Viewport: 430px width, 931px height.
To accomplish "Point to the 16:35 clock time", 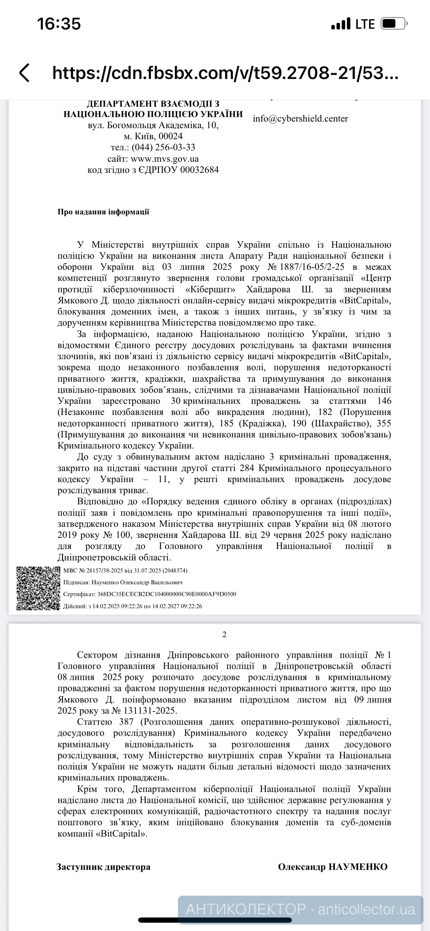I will click(x=59, y=24).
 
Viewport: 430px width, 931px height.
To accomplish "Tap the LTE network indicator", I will click(x=365, y=24).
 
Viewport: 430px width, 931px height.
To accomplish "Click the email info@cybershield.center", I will click(x=300, y=118).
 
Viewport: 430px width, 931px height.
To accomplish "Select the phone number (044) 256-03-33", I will click(x=163, y=148).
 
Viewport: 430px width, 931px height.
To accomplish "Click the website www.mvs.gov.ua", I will click(x=165, y=159).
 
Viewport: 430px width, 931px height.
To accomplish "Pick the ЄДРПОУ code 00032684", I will click(x=199, y=170).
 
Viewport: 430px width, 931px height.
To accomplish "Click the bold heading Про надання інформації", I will click(x=103, y=212).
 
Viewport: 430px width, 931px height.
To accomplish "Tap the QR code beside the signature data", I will click(x=38, y=588).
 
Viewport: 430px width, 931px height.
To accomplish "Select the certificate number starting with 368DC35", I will click(x=167, y=594).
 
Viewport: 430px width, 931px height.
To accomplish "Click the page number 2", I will click(x=224, y=634).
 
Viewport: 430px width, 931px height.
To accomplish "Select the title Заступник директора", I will click(x=103, y=867).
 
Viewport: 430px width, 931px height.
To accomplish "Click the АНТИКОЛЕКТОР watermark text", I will click(x=246, y=909).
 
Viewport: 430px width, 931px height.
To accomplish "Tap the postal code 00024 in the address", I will click(x=171, y=136).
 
